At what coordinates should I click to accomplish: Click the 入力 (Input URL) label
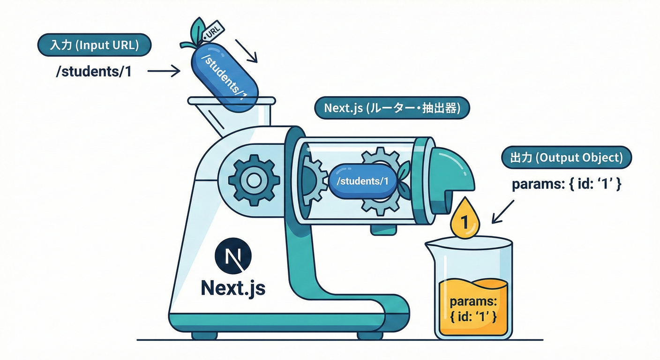(x=94, y=46)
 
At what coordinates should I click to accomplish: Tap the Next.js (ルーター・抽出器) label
(x=391, y=108)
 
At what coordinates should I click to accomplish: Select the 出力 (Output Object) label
(x=566, y=157)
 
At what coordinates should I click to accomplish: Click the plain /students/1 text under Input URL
(x=93, y=72)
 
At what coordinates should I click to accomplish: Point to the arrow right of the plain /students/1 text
(x=164, y=71)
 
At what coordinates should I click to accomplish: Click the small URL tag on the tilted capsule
(x=213, y=31)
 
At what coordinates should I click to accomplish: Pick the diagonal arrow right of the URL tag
(x=246, y=51)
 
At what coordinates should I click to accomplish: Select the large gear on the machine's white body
(x=254, y=180)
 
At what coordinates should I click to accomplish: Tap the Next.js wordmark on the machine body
(x=233, y=287)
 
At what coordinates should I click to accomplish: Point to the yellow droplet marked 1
(x=465, y=219)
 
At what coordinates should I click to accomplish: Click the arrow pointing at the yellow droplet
(x=502, y=211)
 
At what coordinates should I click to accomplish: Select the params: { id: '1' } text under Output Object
(x=566, y=184)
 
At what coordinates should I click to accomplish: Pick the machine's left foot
(x=204, y=335)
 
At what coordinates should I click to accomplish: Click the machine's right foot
(x=369, y=335)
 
